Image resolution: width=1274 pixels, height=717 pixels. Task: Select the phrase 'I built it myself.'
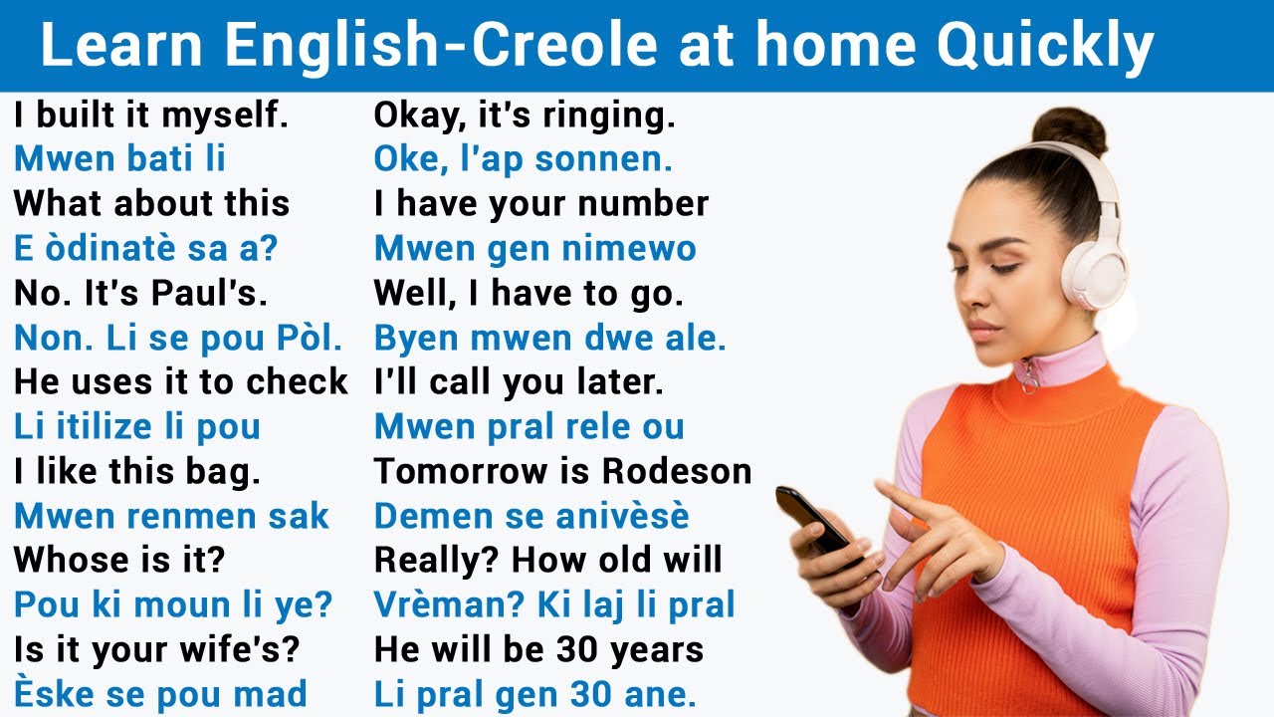pyautogui.click(x=151, y=116)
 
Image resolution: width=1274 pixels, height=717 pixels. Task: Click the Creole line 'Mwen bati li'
pyautogui.click(x=120, y=158)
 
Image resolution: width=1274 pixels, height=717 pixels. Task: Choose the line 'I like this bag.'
pyautogui.click(x=137, y=471)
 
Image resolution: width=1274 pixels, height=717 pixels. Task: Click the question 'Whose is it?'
pyautogui.click(x=119, y=560)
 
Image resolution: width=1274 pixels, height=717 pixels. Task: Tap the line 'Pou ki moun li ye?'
pyautogui.click(x=173, y=604)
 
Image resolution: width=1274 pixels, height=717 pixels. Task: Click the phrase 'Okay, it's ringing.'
pyautogui.click(x=525, y=116)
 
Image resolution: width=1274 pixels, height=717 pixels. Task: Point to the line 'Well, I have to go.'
pyautogui.click(x=529, y=293)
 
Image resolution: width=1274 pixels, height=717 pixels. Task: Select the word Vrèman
pyautogui.click(x=447, y=604)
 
